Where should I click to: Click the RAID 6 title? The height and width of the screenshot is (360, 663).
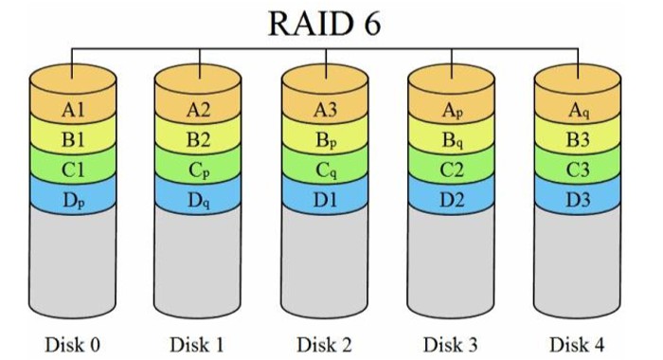click(x=324, y=23)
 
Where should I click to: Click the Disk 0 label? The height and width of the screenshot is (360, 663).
click(x=72, y=344)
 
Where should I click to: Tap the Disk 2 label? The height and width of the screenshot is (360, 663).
click(x=324, y=344)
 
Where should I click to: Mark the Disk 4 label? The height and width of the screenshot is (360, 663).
click(x=577, y=344)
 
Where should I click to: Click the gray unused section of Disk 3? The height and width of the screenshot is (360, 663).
click(x=451, y=262)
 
